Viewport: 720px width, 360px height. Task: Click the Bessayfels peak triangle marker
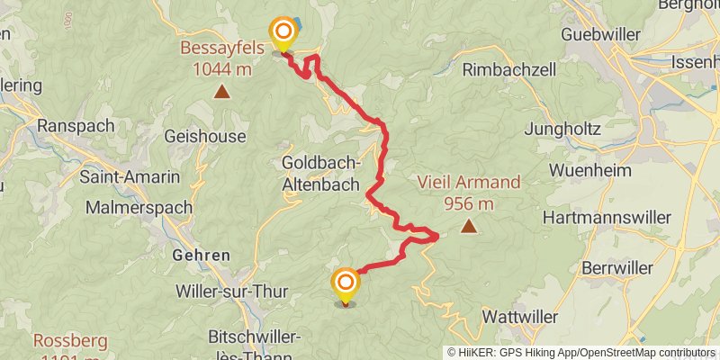(220, 91)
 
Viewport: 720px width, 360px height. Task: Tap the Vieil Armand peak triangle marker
(468, 227)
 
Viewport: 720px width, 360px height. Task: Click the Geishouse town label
(205, 136)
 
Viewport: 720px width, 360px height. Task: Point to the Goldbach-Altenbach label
(321, 172)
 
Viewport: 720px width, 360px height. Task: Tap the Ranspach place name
(76, 126)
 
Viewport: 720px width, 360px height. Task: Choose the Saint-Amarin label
(130, 177)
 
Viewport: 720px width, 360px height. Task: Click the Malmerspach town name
(139, 207)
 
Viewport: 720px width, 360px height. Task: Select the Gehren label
(201, 255)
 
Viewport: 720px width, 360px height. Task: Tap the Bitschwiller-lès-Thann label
(274, 346)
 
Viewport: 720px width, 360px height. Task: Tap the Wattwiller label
(520, 317)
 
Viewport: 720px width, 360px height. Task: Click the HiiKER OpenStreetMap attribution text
(582, 353)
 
